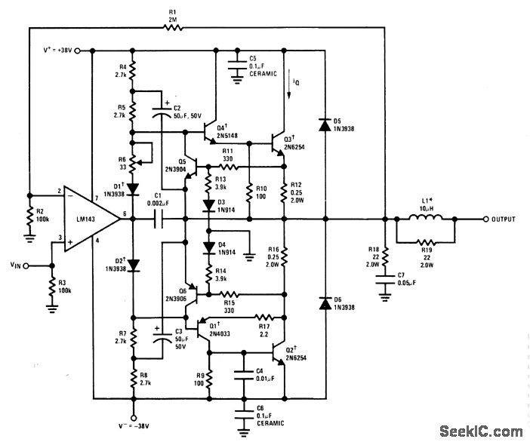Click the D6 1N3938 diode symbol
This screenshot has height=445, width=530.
[324, 303]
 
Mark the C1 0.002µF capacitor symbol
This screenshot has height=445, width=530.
[162, 219]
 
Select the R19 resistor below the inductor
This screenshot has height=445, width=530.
[427, 244]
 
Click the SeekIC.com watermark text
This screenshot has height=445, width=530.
[480, 431]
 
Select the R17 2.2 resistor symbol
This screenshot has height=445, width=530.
[263, 317]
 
